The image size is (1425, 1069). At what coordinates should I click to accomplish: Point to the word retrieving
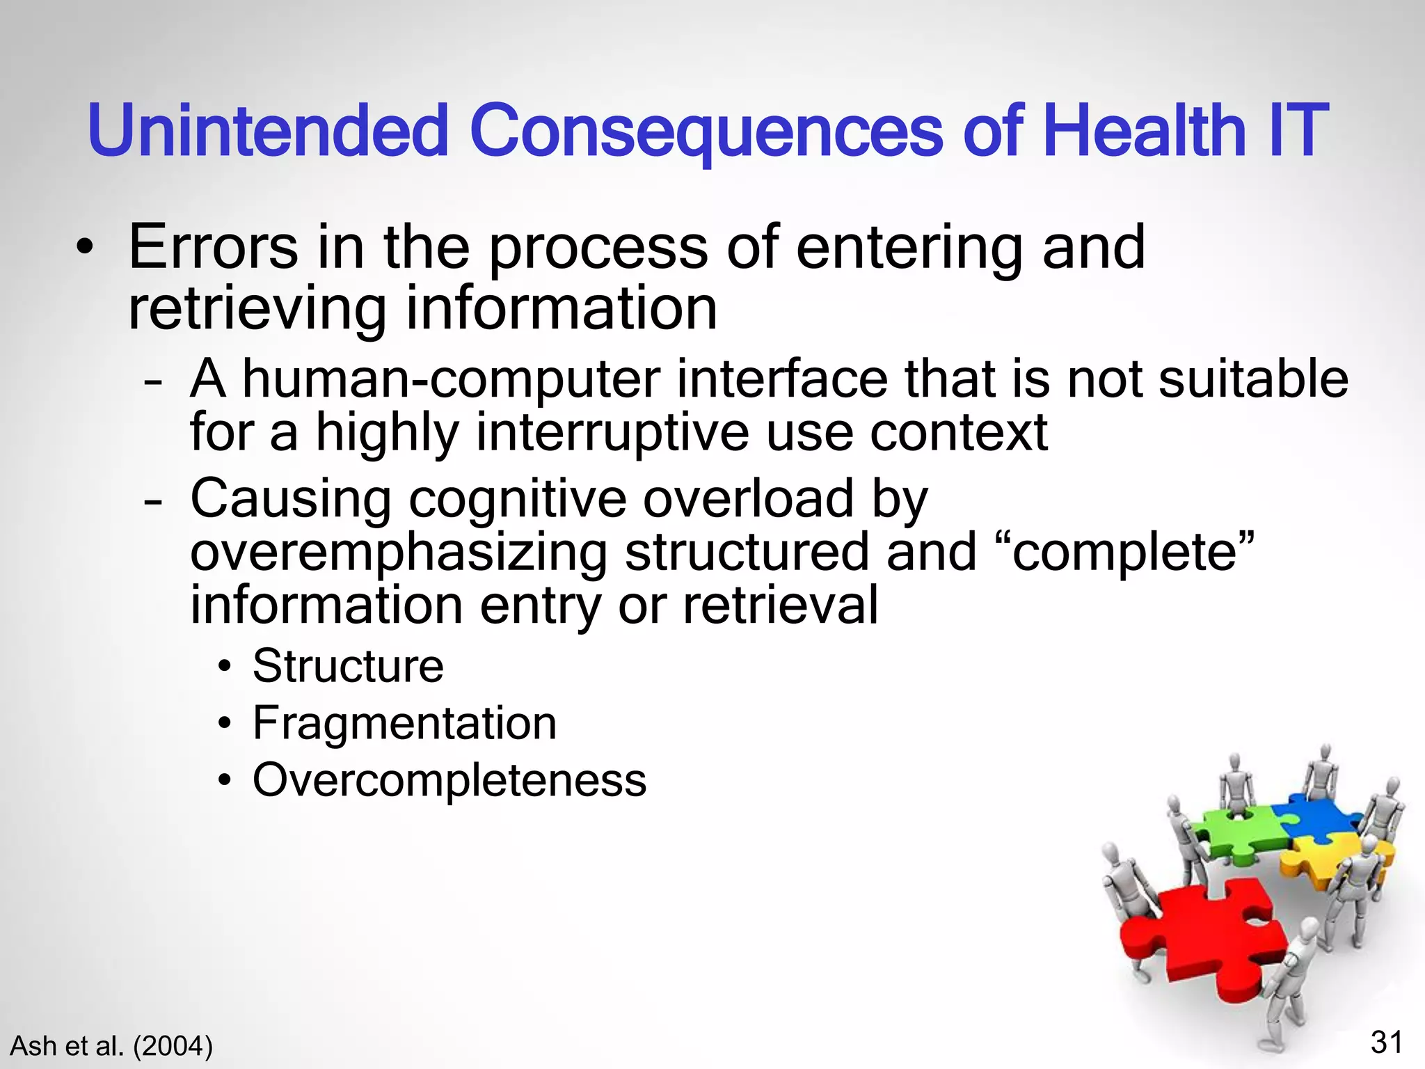(x=257, y=308)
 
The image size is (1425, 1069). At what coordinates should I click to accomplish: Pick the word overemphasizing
(x=399, y=552)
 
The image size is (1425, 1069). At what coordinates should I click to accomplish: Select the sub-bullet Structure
(x=347, y=666)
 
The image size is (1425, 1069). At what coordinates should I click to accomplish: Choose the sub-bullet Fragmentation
(x=404, y=723)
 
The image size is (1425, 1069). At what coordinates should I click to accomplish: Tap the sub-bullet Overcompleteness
(x=449, y=780)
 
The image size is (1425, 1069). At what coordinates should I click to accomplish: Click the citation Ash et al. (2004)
(x=111, y=1046)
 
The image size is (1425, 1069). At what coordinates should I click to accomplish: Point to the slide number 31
(x=1386, y=1043)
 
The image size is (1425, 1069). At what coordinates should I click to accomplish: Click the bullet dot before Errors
(x=84, y=248)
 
